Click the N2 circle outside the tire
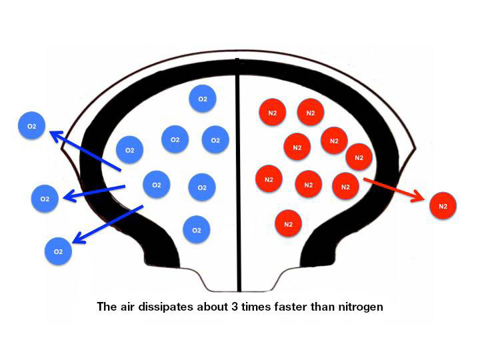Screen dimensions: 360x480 [x=443, y=207]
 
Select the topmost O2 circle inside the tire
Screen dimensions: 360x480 [x=202, y=99]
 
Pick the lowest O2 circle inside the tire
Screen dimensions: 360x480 [x=196, y=230]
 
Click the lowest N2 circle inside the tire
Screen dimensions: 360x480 [x=288, y=224]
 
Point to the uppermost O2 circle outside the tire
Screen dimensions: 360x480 [x=31, y=126]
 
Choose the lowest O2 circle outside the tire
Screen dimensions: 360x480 [x=58, y=251]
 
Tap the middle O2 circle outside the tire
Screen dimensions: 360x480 [x=45, y=199]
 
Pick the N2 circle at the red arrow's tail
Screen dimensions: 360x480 [x=345, y=187]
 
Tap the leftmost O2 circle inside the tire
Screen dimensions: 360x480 [x=130, y=150]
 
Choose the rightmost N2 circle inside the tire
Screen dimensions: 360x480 [x=359, y=157]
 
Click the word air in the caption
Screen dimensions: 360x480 [x=130, y=307]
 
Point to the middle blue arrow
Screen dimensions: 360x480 [x=93, y=192]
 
